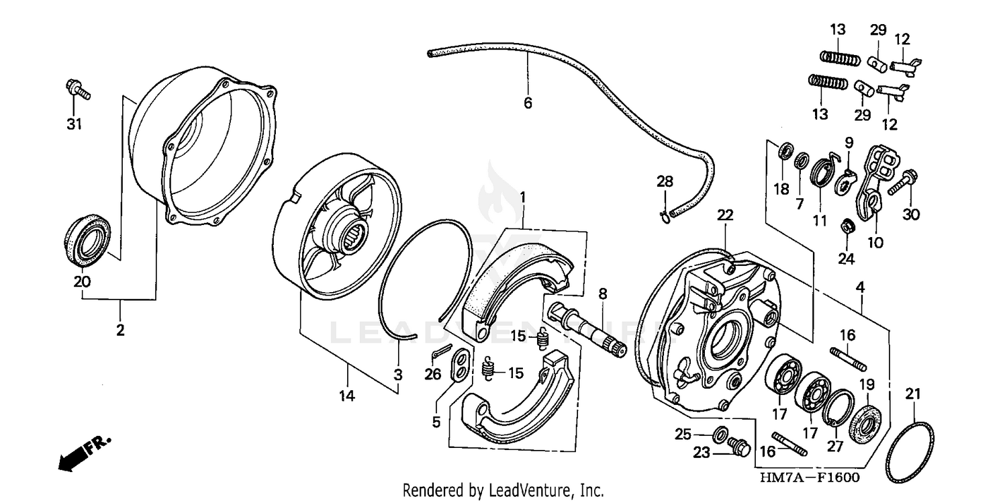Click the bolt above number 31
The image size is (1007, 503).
[x=77, y=91]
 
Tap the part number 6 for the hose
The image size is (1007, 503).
[x=528, y=103]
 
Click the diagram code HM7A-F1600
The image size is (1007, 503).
[x=809, y=477]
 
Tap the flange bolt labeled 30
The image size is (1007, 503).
[x=900, y=181]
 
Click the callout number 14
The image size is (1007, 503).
[x=346, y=396]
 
